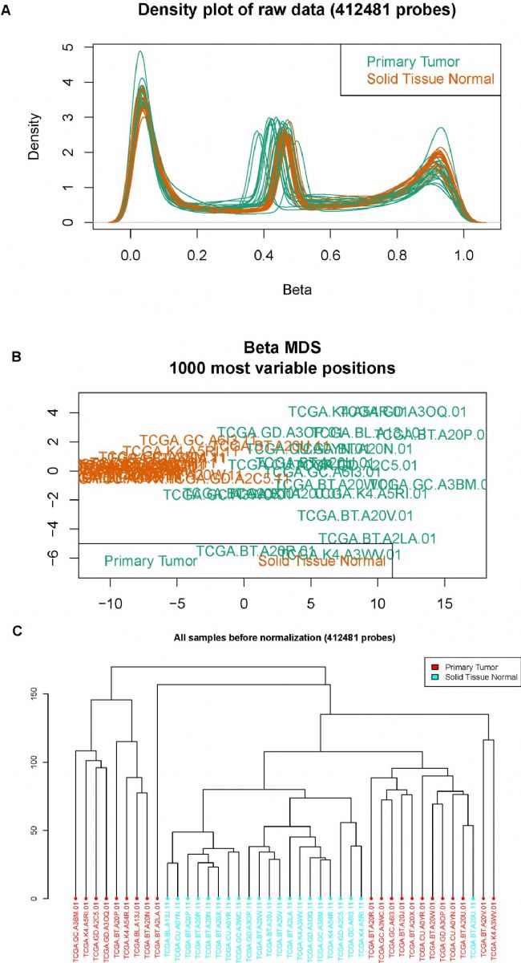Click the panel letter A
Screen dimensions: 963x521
point(6,12)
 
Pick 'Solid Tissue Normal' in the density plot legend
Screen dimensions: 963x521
point(430,79)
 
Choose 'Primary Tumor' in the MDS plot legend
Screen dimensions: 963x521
point(150,561)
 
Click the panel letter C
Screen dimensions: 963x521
point(6,631)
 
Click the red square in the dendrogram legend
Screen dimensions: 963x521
point(433,667)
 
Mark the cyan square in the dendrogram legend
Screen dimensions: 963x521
point(433,677)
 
